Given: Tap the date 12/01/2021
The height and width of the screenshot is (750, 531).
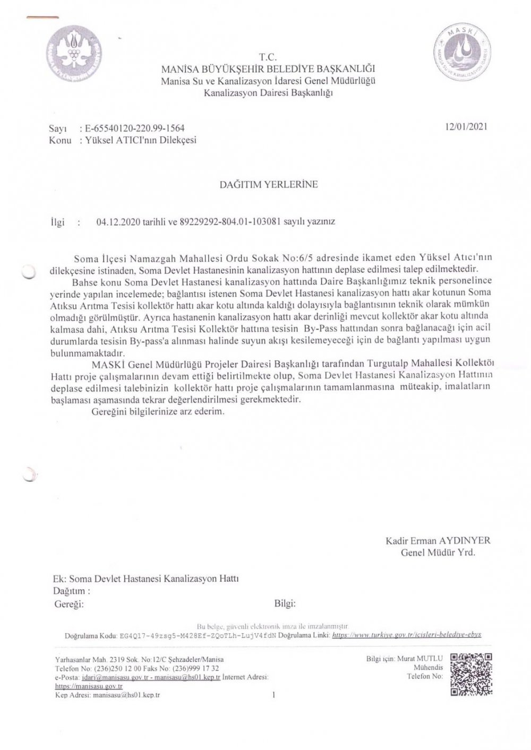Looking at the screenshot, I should (467, 127).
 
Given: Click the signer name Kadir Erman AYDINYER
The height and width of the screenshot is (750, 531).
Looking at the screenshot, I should (438, 541).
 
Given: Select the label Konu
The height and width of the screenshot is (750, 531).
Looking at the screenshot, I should (60, 141).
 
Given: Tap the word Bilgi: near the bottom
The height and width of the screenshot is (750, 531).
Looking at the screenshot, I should (285, 603).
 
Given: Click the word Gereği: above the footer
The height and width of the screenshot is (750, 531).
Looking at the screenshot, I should (69, 604).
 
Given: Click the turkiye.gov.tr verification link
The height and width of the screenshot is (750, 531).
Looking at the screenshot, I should (406, 635).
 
